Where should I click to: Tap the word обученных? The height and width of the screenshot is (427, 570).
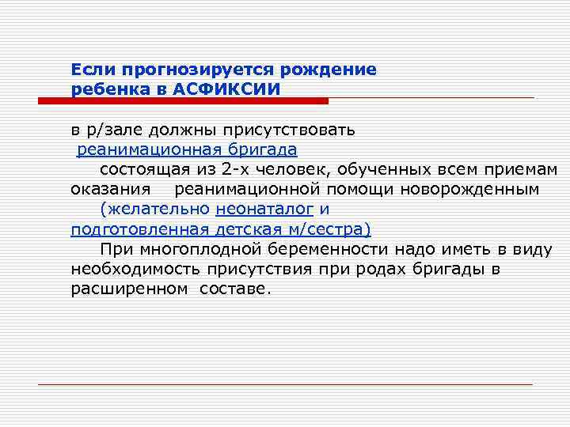pos(357,169)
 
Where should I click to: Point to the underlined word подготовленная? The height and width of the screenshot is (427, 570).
pos(138,230)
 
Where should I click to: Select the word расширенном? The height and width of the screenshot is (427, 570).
pos(128,289)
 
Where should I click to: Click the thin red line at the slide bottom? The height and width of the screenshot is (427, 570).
pos(286,384)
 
